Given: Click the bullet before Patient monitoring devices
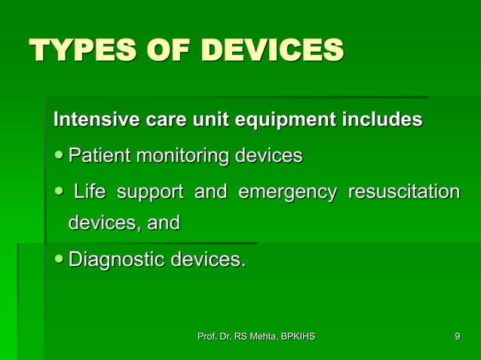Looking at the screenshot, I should (60, 156).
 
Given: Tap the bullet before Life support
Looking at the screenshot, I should (60, 192).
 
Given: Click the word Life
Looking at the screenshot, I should (90, 192).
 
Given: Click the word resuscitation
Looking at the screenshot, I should (403, 192).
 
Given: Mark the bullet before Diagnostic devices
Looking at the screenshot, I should (60, 260).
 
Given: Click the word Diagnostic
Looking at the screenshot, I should (117, 261).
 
